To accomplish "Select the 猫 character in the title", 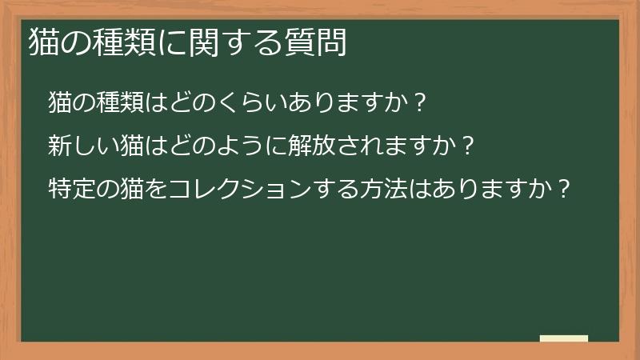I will coord(42,42).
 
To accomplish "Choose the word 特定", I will coord(71,190).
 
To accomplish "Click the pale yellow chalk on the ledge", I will coord(564,338).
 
